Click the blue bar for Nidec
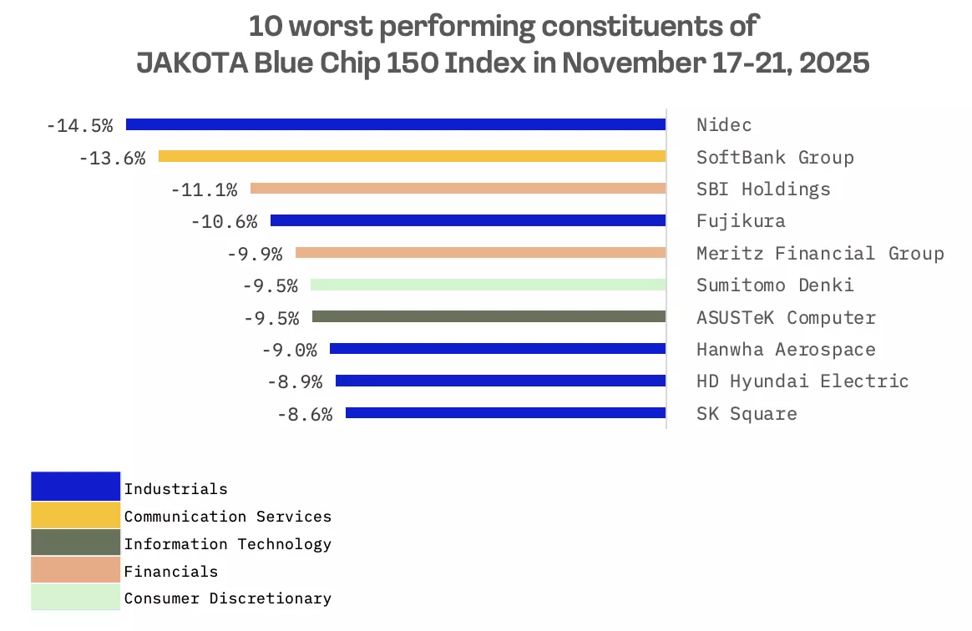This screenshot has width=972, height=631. coord(395,124)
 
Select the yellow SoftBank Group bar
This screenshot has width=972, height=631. coord(412,156)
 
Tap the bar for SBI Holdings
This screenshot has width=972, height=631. coord(458,189)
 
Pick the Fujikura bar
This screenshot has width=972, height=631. coord(468,220)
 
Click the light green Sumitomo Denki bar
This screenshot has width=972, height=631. coord(488,285)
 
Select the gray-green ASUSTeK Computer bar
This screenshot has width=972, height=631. coord(489,317)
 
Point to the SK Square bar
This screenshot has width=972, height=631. coord(505,412)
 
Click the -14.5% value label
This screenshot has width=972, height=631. coord(79,126)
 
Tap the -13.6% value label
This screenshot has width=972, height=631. coord(112,158)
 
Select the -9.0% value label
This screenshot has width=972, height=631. coord(289,350)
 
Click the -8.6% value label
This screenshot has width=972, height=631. coord(304,414)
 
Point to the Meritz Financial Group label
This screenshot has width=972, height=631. coord(820,253)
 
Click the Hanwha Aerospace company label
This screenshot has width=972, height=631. coord(786,350)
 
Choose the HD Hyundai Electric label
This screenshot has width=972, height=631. coord(802,381)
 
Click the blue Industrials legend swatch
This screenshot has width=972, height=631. coord(75,487)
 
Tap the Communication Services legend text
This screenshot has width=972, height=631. coord(227,517)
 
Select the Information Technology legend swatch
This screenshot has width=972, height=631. coord(75,543)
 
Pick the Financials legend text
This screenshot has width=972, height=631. coord(170,572)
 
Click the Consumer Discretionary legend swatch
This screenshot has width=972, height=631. coord(75,597)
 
